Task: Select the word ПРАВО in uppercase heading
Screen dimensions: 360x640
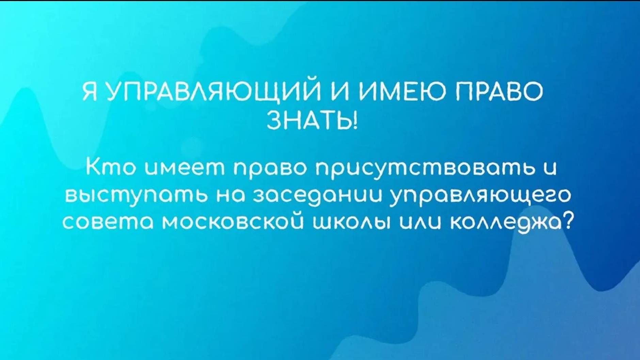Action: coord(499,92)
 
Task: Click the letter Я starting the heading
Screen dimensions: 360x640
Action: coord(89,92)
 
